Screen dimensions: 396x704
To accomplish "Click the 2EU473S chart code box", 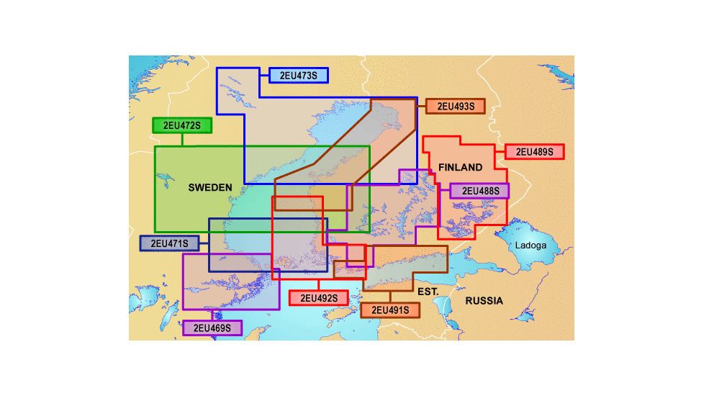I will pyautogui.click(x=299, y=74).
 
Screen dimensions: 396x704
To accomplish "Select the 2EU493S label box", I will pyautogui.click(x=455, y=107).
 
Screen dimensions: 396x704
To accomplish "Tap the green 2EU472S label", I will pyautogui.click(x=182, y=125).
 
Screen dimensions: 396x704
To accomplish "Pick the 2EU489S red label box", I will pyautogui.click(x=535, y=151).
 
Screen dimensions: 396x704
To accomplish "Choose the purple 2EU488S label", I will pyautogui.click(x=479, y=191).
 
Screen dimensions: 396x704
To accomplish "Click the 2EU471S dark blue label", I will pyautogui.click(x=169, y=243).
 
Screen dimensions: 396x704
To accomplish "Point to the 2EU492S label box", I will pyautogui.click(x=319, y=297).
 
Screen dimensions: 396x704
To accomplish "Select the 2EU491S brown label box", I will pyautogui.click(x=390, y=310).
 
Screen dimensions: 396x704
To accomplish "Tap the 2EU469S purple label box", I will pyautogui.click(x=212, y=328).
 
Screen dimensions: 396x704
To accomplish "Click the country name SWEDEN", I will pyautogui.click(x=210, y=187).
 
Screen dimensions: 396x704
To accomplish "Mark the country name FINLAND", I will pyautogui.click(x=461, y=167).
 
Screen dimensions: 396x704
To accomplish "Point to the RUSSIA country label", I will pyautogui.click(x=484, y=300).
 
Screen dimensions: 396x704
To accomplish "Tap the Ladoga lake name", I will pyautogui.click(x=531, y=245).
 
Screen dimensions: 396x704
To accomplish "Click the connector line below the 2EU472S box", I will pyautogui.click(x=182, y=140).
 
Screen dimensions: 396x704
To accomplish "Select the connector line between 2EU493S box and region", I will pyautogui.click(x=421, y=107).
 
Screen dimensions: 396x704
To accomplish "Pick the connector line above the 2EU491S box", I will pyautogui.click(x=390, y=297).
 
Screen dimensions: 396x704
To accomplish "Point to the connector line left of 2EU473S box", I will pyautogui.click(x=264, y=74).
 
